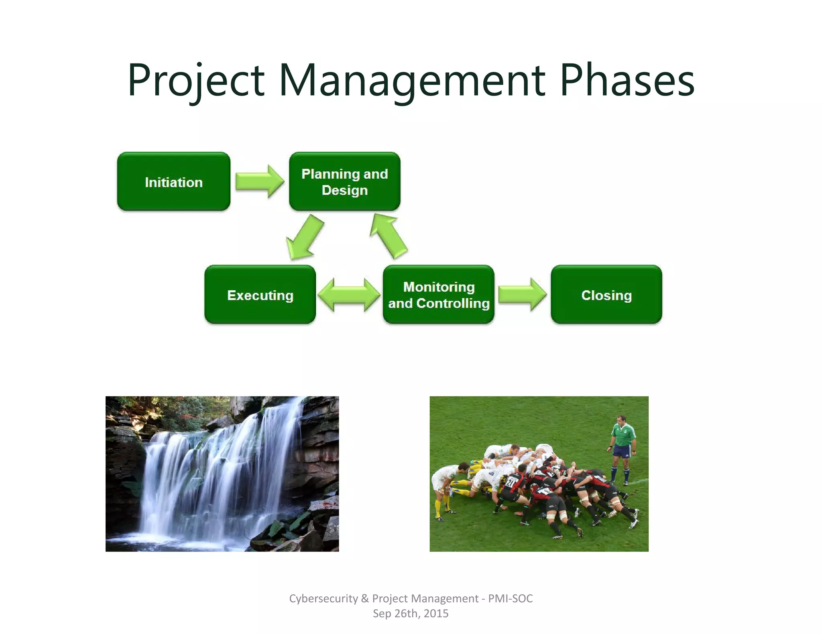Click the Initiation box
pos(173,181)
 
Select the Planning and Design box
pos(344,181)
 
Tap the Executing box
pos(260,295)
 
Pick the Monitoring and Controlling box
pos(438,295)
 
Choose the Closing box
pos(606,295)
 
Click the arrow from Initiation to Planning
pos(259,181)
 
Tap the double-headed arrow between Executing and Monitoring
pos(349,295)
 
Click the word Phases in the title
pos(627,80)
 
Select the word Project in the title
pos(196,80)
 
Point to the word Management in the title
pos(411,80)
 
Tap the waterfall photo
pos(222,474)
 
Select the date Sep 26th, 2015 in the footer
pos(411,613)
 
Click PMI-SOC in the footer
pos(510,598)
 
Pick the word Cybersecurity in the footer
pos(323,598)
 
